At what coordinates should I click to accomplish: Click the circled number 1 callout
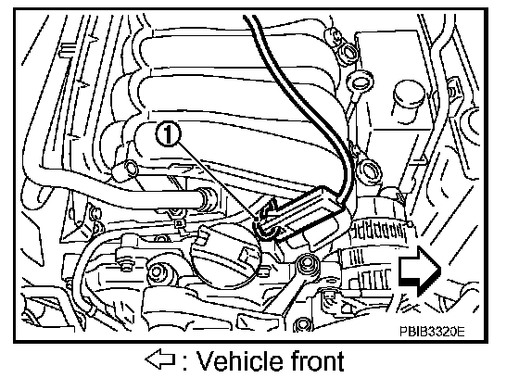click(168, 134)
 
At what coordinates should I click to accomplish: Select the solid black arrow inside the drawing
click(419, 270)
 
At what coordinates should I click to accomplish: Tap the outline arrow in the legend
click(159, 359)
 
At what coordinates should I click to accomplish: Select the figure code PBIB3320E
click(432, 331)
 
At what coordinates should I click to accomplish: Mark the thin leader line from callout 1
click(218, 181)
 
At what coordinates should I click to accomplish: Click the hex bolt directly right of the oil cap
click(309, 264)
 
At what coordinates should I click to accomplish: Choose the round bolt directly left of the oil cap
click(157, 272)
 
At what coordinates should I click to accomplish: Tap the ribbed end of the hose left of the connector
click(206, 200)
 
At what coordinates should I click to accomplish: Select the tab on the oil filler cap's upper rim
click(203, 236)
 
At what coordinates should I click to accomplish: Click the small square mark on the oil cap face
click(246, 253)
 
